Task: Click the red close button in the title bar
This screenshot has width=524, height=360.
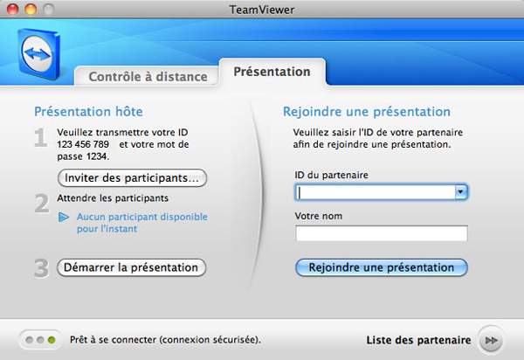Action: click(x=13, y=10)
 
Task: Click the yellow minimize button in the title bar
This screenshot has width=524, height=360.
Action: click(x=31, y=10)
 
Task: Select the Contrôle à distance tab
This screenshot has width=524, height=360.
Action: click(x=148, y=77)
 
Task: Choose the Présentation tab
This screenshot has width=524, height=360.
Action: click(x=272, y=72)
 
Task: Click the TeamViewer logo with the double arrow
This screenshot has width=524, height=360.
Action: click(x=38, y=54)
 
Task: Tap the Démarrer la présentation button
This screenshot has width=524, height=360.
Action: click(x=131, y=267)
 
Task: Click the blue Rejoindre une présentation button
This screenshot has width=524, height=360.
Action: click(x=382, y=267)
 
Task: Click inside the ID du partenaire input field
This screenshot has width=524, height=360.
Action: click(x=375, y=192)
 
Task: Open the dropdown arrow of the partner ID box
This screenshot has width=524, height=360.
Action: click(x=461, y=192)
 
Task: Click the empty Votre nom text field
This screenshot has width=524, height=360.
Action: click(x=382, y=233)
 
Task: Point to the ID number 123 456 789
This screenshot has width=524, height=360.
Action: click(x=83, y=144)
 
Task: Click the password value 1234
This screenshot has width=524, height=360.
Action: click(x=97, y=156)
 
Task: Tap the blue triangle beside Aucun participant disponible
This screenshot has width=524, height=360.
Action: click(x=64, y=218)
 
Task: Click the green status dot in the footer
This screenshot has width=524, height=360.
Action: click(x=52, y=340)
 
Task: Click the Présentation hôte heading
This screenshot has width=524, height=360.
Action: click(x=88, y=112)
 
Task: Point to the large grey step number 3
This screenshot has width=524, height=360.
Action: click(x=41, y=268)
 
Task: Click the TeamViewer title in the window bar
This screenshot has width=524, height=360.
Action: click(x=262, y=10)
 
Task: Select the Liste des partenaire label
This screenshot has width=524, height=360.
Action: click(x=418, y=340)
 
